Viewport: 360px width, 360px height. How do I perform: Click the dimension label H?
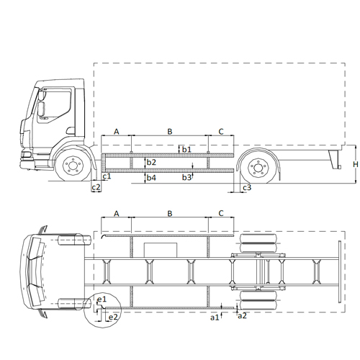(356, 164)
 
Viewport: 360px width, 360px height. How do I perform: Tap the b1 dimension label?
(186, 149)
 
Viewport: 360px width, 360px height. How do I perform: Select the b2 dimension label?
(151, 162)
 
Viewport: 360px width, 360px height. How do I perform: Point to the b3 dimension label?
(186, 177)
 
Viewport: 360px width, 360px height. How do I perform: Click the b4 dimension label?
(151, 178)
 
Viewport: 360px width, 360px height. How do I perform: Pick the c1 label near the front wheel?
(107, 176)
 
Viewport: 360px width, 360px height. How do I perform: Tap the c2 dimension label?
(96, 187)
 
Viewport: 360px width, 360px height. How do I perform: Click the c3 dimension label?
(247, 187)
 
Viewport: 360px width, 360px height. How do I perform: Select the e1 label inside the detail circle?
(102, 300)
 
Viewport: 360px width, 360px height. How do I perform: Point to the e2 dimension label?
(113, 317)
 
